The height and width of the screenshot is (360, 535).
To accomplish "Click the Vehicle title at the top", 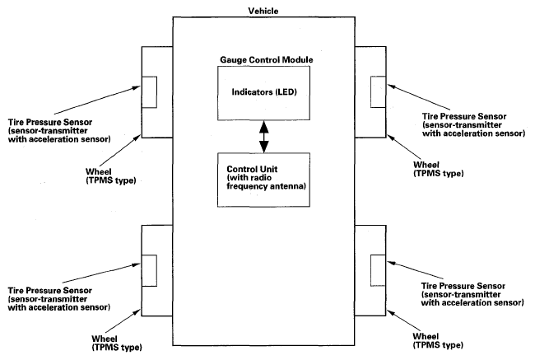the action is (263, 11).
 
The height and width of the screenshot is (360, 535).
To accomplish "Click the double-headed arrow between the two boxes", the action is (263, 137).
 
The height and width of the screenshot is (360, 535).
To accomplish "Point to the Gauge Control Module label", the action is (267, 60).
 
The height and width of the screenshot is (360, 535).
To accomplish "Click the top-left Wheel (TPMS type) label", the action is (110, 176).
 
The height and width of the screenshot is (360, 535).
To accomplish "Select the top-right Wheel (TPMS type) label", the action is (439, 169).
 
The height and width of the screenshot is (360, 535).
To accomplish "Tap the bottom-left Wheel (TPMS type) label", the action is (117, 344).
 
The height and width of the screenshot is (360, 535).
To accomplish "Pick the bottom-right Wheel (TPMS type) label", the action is (438, 341).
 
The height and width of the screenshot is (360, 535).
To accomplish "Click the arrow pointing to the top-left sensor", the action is (97, 100).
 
